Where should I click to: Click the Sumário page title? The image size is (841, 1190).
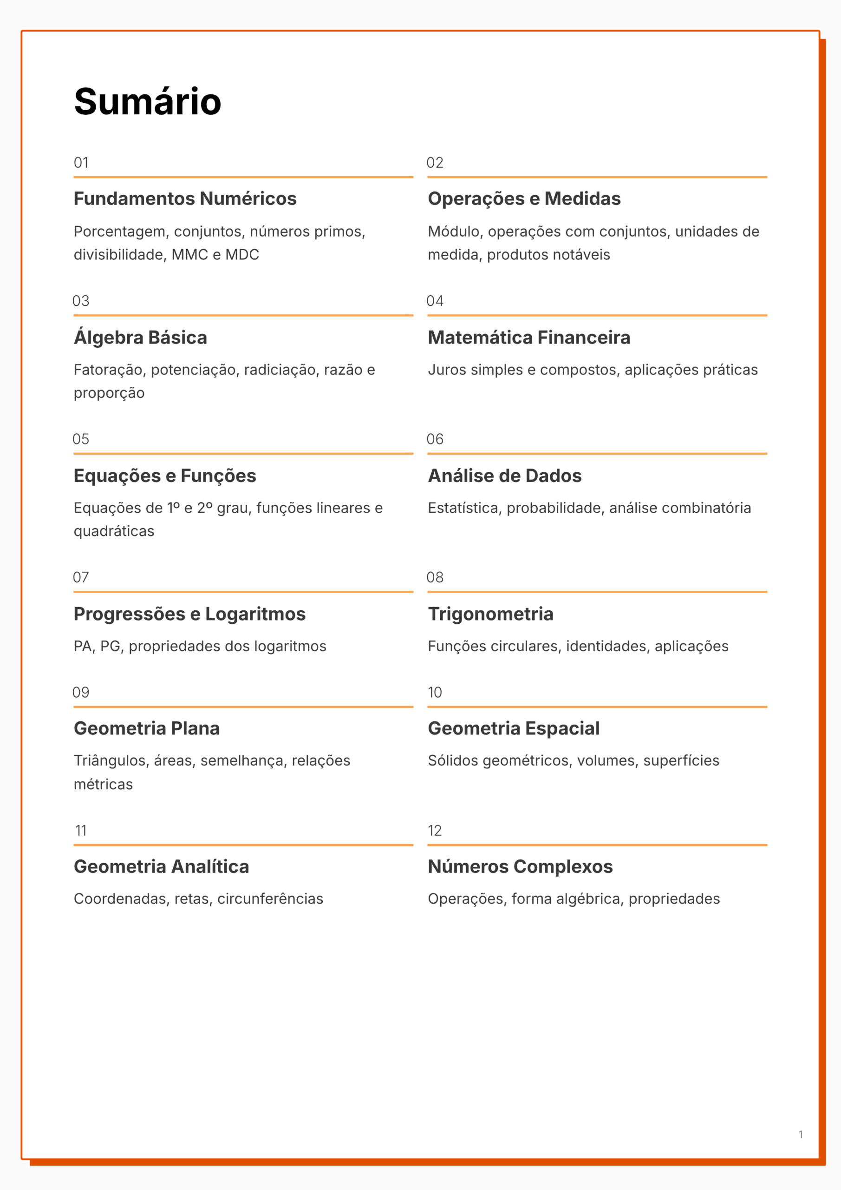pyautogui.click(x=148, y=102)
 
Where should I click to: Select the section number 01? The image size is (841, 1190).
pyautogui.click(x=81, y=163)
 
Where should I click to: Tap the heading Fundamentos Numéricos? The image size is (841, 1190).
pyautogui.click(x=185, y=198)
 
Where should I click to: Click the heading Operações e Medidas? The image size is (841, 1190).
pyautogui.click(x=524, y=198)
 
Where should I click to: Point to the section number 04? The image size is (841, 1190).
pyautogui.click(x=435, y=301)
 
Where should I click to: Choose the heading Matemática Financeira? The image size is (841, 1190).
pyautogui.click(x=529, y=337)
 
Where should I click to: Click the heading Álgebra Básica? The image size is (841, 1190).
pyautogui.click(x=140, y=337)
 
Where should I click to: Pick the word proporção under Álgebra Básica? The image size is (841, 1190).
pyautogui.click(x=109, y=393)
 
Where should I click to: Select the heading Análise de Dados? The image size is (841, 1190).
pyautogui.click(x=504, y=476)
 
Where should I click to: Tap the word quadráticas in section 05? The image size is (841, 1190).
pyautogui.click(x=114, y=531)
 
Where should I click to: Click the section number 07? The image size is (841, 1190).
pyautogui.click(x=81, y=577)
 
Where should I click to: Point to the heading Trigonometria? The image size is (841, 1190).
pyautogui.click(x=490, y=614)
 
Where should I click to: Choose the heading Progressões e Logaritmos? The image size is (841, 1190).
pyautogui.click(x=189, y=614)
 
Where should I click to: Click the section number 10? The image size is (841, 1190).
pyautogui.click(x=435, y=693)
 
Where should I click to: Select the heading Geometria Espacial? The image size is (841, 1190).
pyautogui.click(x=513, y=729)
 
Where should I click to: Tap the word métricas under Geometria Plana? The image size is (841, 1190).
pyautogui.click(x=103, y=784)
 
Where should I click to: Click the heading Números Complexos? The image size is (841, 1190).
pyautogui.click(x=520, y=866)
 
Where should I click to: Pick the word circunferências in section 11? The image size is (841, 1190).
pyautogui.click(x=270, y=899)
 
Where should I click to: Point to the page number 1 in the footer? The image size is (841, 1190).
pyautogui.click(x=801, y=1135)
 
